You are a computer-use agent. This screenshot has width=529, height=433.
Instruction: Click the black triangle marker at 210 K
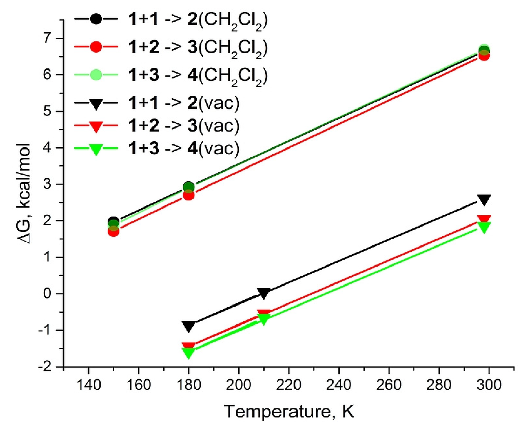[264, 293]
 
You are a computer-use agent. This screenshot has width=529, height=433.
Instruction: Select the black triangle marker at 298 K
[484, 200]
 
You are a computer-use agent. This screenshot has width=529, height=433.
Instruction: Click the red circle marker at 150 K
[114, 232]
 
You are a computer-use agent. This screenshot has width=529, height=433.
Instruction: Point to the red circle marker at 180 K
[188, 195]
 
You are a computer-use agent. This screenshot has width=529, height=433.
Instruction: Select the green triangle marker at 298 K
[484, 227]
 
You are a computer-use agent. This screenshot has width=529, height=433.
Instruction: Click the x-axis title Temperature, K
[289, 412]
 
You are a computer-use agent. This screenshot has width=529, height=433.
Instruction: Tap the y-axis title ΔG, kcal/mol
[24, 194]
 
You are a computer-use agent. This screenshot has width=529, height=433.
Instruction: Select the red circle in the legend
[96, 47]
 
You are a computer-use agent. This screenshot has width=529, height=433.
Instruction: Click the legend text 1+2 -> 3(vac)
[183, 126]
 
